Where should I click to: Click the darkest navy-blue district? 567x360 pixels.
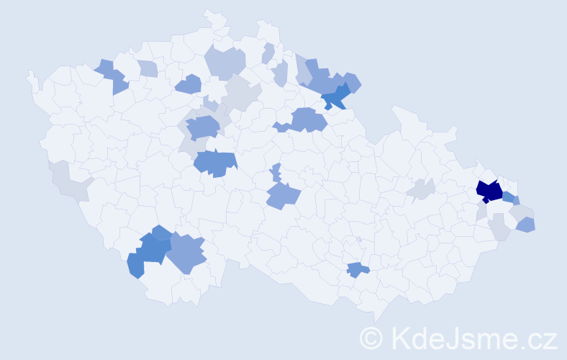(x=490, y=191)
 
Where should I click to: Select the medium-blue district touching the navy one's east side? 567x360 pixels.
(x=510, y=197)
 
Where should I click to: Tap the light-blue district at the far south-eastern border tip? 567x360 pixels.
(x=527, y=225)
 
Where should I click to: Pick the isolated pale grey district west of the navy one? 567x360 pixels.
(x=421, y=189)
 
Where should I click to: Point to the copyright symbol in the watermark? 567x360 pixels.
(x=372, y=338)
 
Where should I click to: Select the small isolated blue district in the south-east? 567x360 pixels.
(x=356, y=270)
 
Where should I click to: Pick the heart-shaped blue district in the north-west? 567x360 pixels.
(x=189, y=84)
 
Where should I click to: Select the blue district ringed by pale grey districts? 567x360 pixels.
(x=204, y=127)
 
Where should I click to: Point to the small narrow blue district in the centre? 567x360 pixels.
(x=276, y=173)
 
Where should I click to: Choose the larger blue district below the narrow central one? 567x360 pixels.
(x=283, y=194)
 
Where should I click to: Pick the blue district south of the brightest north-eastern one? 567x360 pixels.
(x=307, y=120)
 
